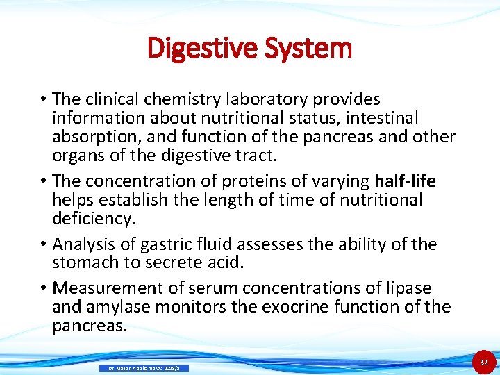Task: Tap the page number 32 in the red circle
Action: click(484, 362)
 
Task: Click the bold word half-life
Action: click(405, 181)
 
